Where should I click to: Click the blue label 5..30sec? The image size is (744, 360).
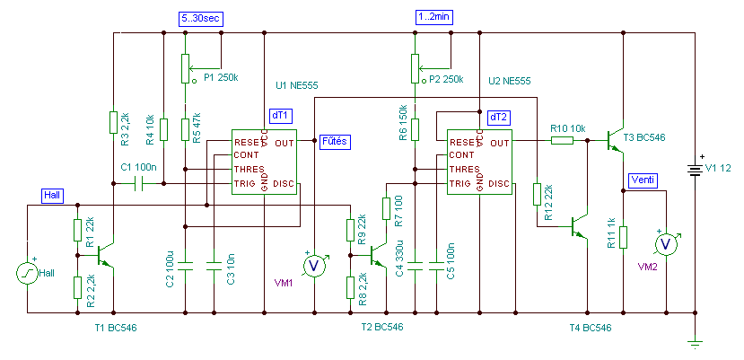point(199,19)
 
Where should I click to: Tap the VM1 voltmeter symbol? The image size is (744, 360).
point(314,267)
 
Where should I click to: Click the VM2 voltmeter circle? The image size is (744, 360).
point(666,244)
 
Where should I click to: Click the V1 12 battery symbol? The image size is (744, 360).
point(695,170)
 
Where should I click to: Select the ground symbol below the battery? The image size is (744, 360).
point(695,343)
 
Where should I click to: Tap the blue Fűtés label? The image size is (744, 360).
point(335,141)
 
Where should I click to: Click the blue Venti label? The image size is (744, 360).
point(643,180)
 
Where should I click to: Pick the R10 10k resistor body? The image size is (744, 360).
point(562,140)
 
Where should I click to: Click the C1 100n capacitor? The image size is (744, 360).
point(138,183)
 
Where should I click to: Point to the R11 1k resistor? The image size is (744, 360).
point(624,238)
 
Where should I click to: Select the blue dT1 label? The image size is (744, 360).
point(282,116)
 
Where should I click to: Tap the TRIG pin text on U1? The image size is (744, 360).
point(246,183)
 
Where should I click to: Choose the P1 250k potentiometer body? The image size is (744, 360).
point(186,68)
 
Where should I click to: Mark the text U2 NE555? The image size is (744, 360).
point(509,81)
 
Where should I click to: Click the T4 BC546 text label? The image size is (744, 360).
point(591,328)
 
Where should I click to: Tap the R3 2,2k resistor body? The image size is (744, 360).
point(113,122)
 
